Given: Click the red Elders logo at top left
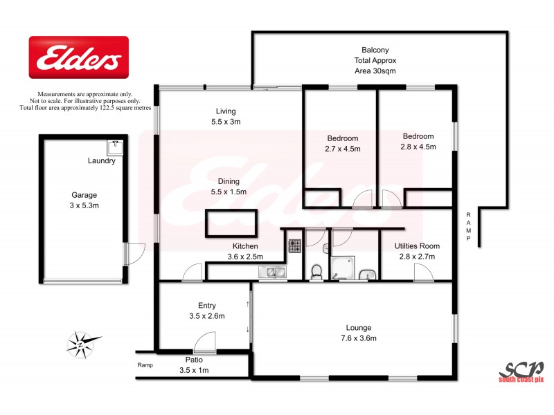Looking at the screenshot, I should click(x=78, y=57).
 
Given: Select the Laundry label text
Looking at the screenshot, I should click(x=101, y=161).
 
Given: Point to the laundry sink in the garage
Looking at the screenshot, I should click(x=115, y=147).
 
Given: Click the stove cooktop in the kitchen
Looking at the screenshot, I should click(x=294, y=245).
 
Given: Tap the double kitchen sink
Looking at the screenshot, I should click(x=273, y=273).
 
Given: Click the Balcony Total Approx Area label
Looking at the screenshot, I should click(x=375, y=60).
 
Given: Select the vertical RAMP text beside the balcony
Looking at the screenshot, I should click(x=469, y=226).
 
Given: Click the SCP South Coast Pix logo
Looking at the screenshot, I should click(x=521, y=369).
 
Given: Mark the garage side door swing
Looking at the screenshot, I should click(x=133, y=253).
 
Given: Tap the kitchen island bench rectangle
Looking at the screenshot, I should click(x=231, y=223).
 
